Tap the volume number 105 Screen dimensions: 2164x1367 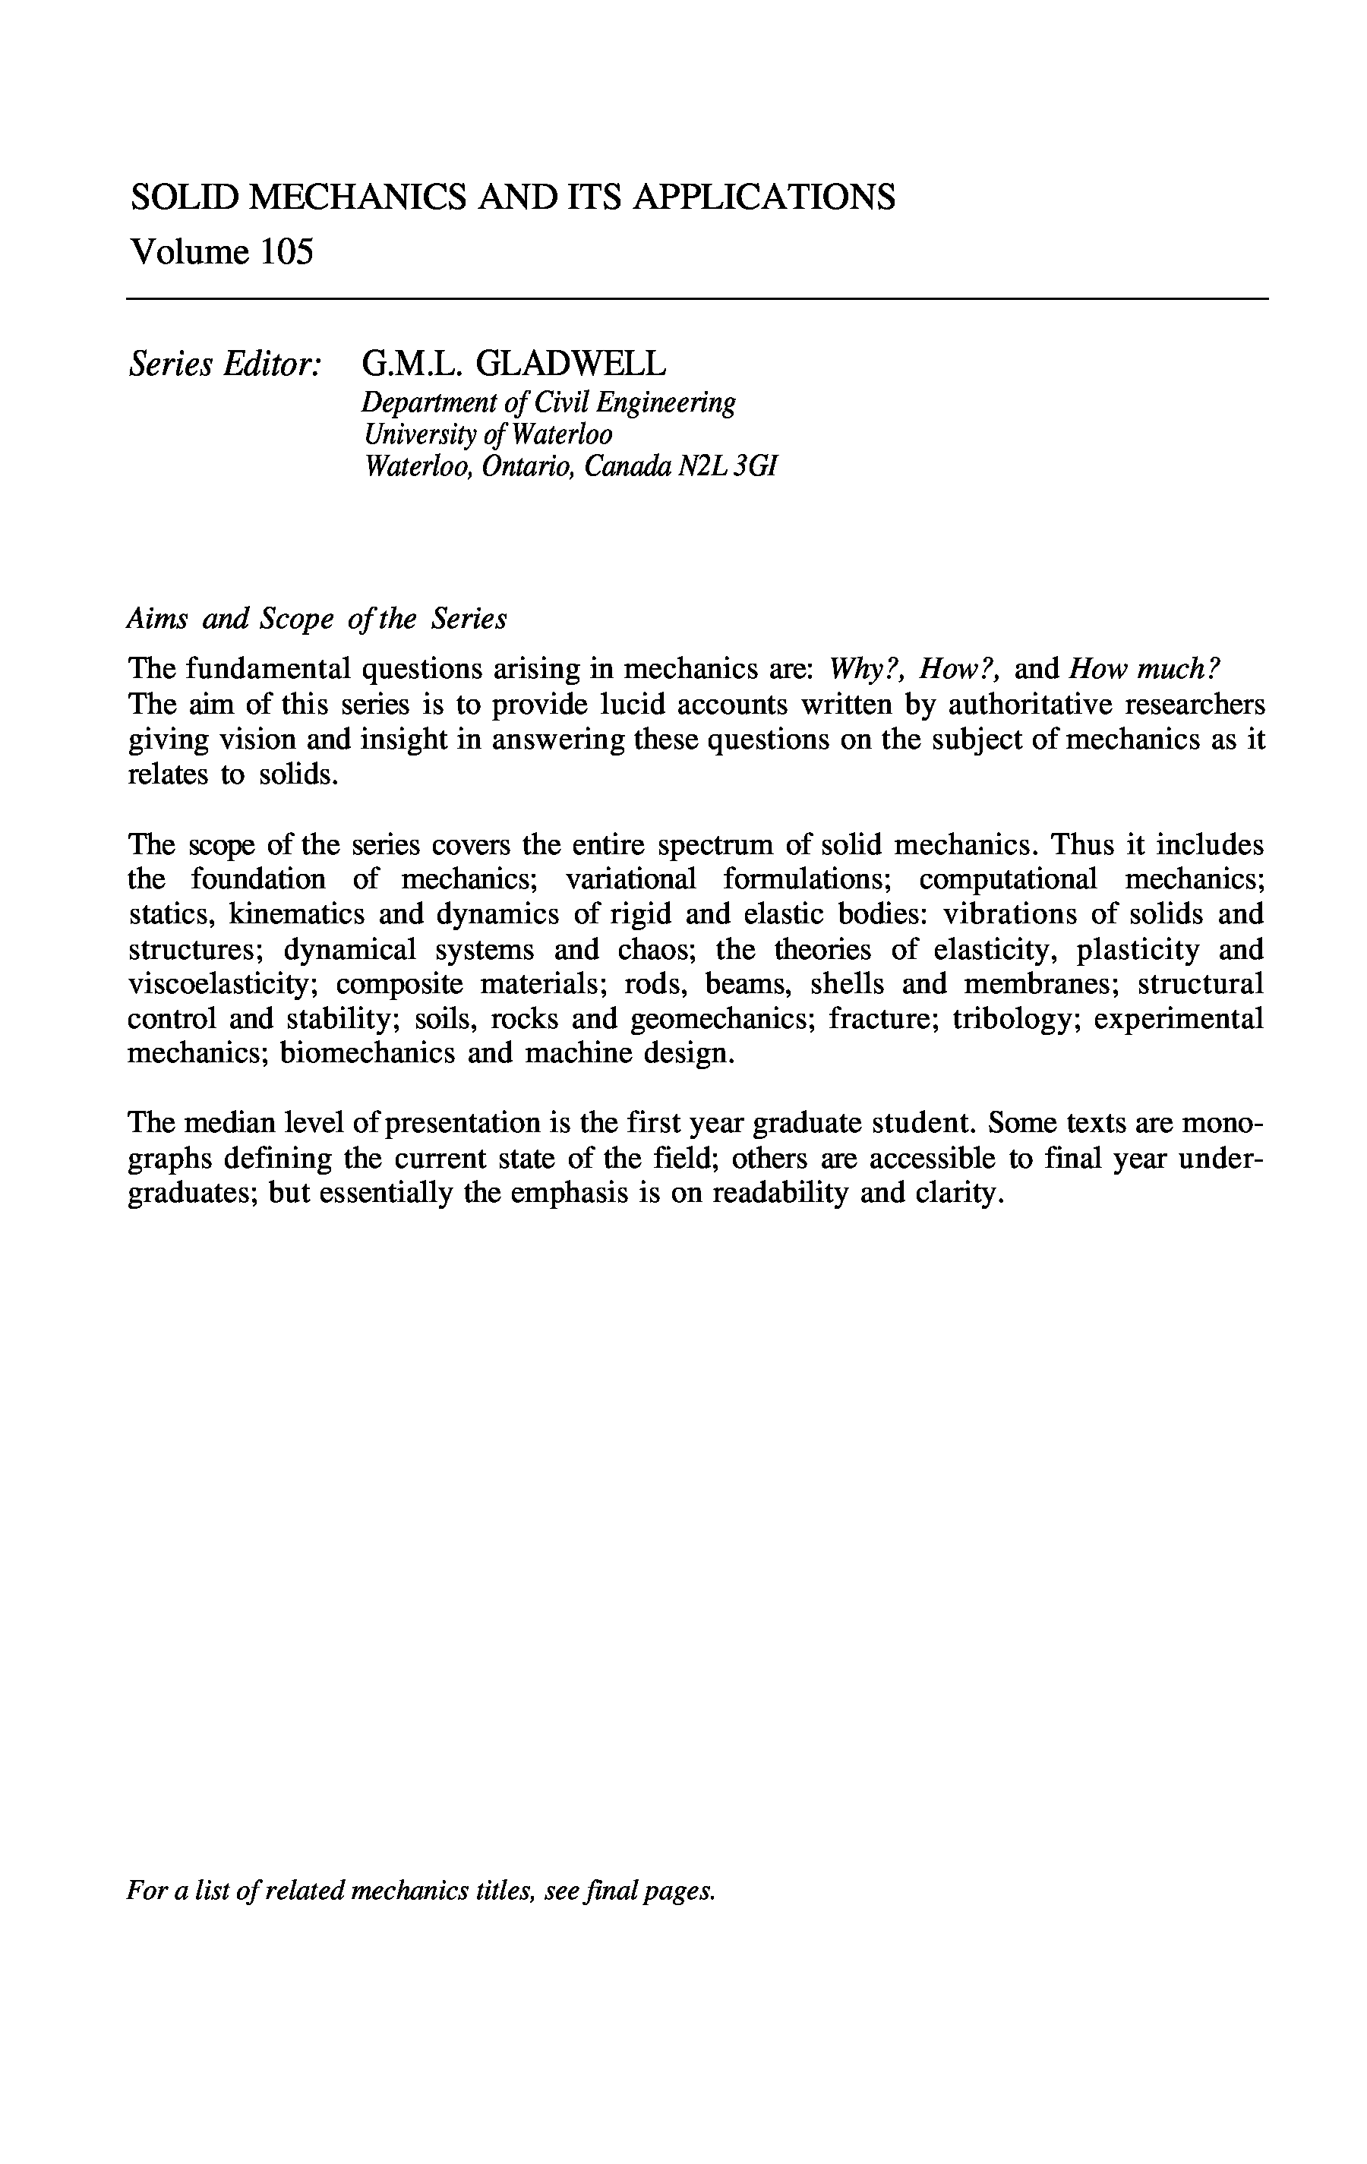pyautogui.click(x=287, y=253)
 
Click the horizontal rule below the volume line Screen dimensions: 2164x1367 pyautogui.click(x=696, y=298)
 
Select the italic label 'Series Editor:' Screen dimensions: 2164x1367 pyautogui.click(x=225, y=364)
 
